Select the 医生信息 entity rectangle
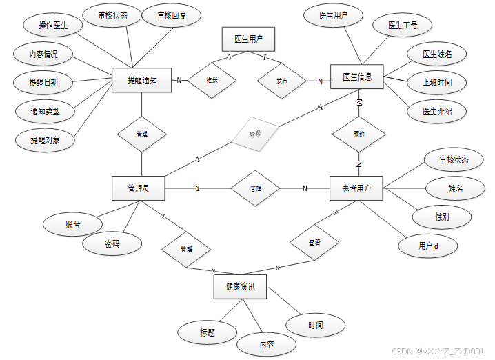[357, 77]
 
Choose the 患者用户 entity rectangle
[356, 188]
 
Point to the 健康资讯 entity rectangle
[240, 286]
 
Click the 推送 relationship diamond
[212, 81]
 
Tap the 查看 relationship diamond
[314, 242]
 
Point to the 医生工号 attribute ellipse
[403, 26]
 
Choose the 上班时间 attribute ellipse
[437, 82]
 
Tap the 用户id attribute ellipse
[428, 245]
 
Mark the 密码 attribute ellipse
[112, 244]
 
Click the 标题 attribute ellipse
[208, 332]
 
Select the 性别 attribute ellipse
[442, 217]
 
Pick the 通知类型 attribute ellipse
[44, 110]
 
